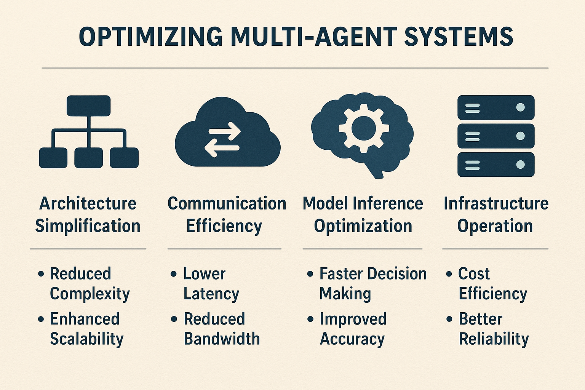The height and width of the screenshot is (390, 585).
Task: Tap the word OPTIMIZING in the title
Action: tap(150, 37)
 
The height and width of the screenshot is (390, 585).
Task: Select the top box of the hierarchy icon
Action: tap(88, 105)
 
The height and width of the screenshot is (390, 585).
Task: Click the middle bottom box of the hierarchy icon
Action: tap(88, 158)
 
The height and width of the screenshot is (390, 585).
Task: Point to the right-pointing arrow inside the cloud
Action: tap(224, 131)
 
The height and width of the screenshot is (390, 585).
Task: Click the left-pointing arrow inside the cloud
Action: tap(222, 148)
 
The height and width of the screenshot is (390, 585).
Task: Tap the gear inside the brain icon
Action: tap(364, 128)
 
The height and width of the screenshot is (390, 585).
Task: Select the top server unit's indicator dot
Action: tap(520, 107)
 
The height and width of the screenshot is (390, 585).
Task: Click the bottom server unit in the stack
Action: tap(496, 165)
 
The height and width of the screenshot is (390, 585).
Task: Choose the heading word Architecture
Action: tap(88, 203)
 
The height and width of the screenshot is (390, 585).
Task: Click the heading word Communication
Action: tap(227, 203)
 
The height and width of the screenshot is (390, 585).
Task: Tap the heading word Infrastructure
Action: tap(496, 203)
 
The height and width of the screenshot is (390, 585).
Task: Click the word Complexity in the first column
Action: tap(90, 294)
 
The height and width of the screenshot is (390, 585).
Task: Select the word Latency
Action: tap(211, 294)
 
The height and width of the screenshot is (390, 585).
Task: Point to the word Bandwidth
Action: tap(222, 339)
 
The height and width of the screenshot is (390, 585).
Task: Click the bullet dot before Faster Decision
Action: tap(310, 274)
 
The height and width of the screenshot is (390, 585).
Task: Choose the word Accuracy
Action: tap(352, 339)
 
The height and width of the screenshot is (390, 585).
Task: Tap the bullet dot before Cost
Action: tap(449, 274)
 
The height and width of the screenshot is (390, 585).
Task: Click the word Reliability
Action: tap(494, 339)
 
